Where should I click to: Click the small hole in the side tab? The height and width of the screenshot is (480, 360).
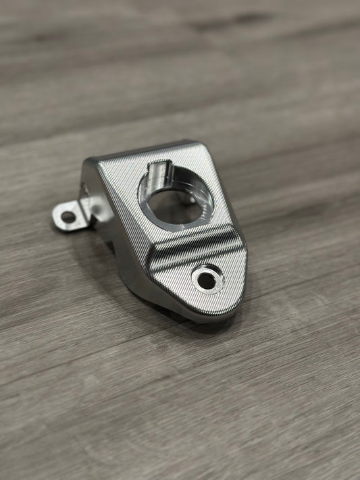pyautogui.click(x=68, y=217)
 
